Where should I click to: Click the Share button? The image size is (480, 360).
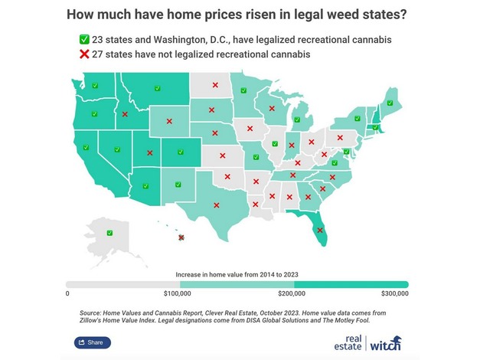(93, 342)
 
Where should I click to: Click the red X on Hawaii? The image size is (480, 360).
(181, 237)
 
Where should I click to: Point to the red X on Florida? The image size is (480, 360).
(321, 227)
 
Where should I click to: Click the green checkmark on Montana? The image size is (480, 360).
(155, 89)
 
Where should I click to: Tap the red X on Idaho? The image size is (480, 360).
(126, 115)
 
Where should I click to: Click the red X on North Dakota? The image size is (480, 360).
(214, 85)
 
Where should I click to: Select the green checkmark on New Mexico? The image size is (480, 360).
(178, 184)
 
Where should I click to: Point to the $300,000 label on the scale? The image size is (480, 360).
(394, 293)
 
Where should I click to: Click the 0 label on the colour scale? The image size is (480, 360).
(67, 293)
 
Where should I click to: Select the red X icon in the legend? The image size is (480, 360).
(84, 54)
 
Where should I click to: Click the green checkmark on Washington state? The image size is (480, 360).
(94, 86)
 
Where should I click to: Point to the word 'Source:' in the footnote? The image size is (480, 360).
(92, 313)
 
